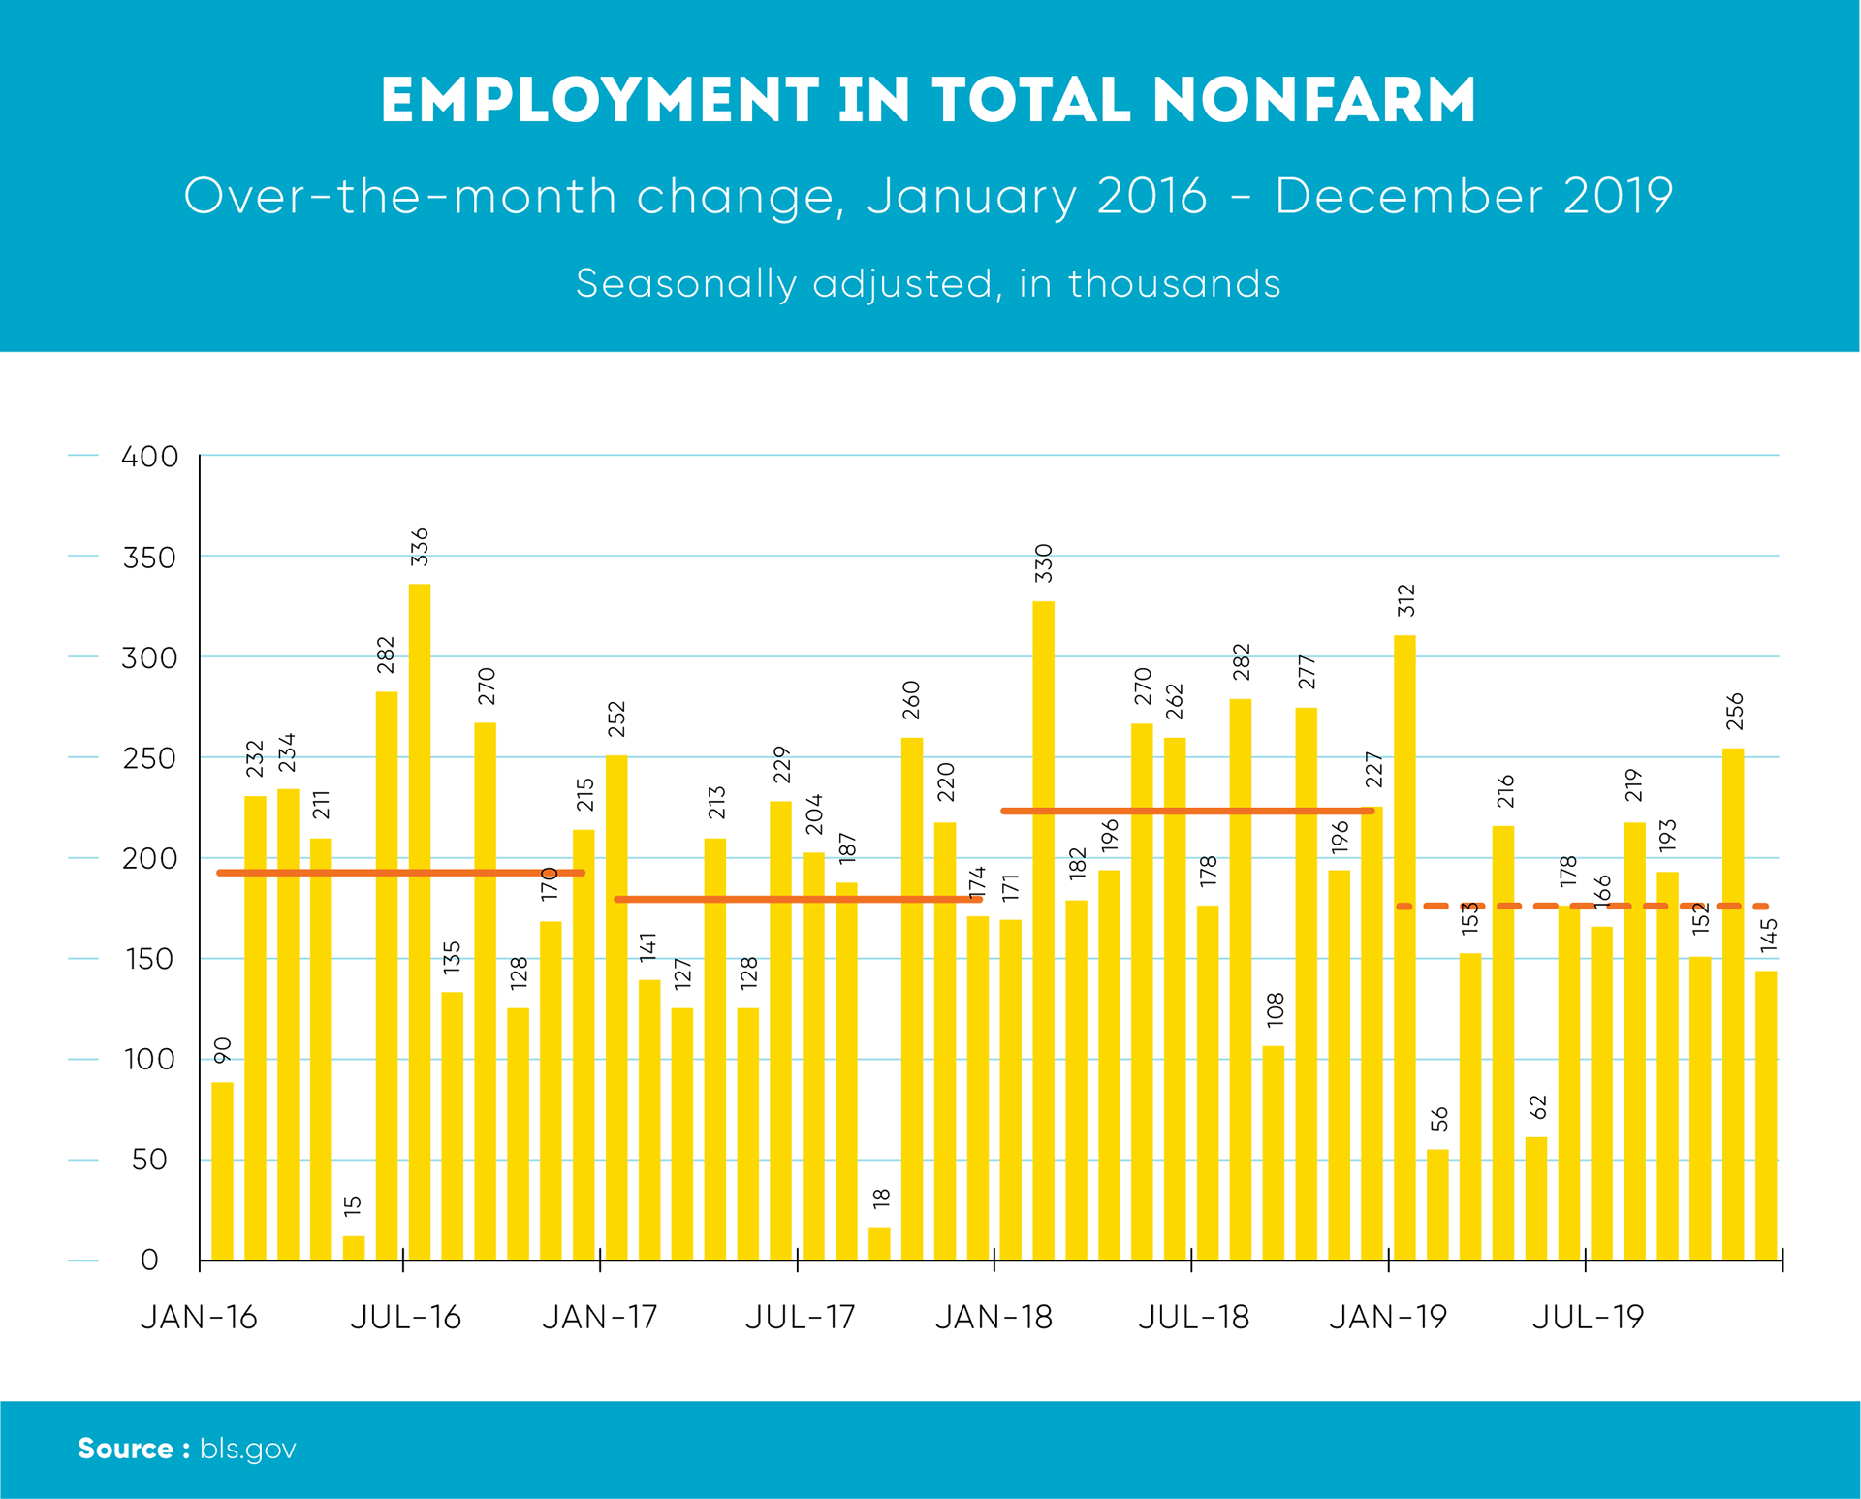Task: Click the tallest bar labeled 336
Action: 420,921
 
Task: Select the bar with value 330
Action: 1043,931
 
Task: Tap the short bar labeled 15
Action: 354,1248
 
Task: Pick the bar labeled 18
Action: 879,1244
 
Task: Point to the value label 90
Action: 223,1049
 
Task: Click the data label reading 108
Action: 1275,1009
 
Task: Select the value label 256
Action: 1735,712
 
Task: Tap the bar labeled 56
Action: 1437,1205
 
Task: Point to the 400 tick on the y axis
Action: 149,456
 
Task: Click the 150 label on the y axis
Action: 149,959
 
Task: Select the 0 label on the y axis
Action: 149,1260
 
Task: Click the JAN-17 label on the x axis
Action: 600,1317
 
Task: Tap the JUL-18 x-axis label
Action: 1193,1317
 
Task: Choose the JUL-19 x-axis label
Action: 1588,1317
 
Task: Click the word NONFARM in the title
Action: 1314,100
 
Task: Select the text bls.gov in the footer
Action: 248,1449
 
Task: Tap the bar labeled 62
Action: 1536,1198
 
